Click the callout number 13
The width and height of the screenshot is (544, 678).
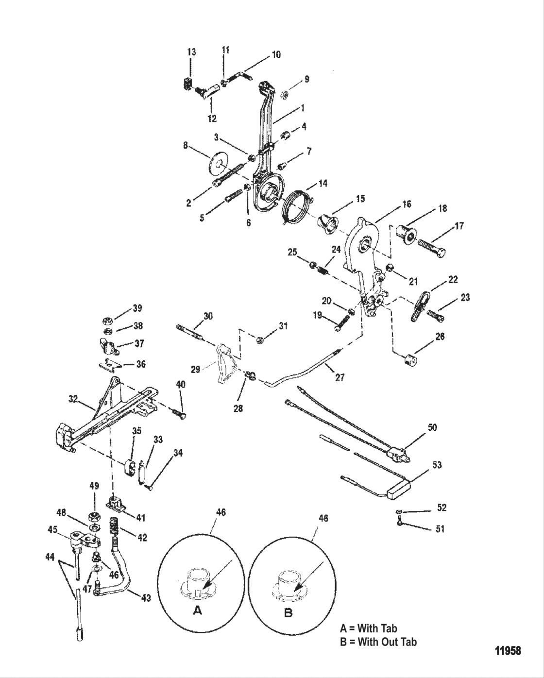tap(192, 52)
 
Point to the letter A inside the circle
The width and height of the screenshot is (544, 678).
tap(197, 611)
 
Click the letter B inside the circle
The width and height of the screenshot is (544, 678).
tap(288, 613)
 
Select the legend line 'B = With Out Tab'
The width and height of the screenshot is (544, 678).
tap(378, 642)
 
